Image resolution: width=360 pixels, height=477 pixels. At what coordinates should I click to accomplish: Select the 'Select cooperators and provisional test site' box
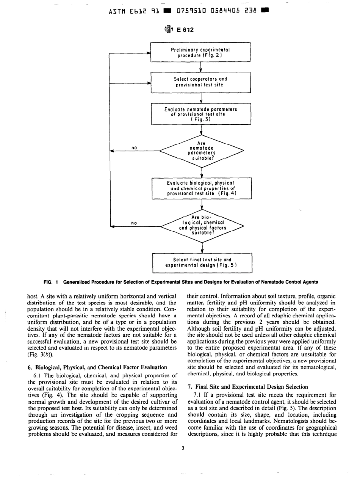[201, 82]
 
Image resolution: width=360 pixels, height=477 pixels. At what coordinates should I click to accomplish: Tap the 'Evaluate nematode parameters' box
[201, 113]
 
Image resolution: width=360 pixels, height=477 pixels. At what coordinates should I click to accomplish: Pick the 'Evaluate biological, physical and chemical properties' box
[201, 188]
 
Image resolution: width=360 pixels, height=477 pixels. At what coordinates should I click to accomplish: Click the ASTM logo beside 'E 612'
[169, 30]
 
